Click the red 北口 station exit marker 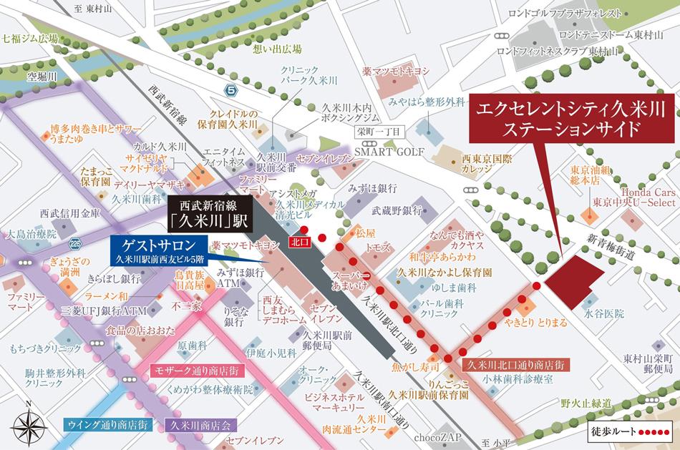click(298, 242)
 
